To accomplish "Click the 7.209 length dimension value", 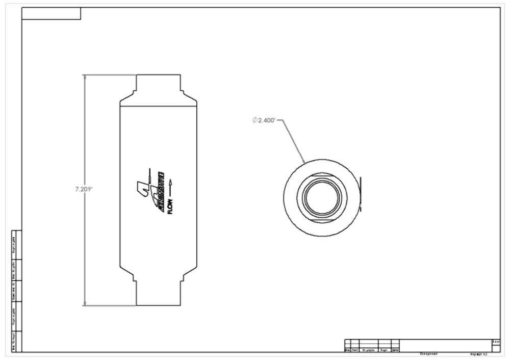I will pyautogui.click(x=83, y=189).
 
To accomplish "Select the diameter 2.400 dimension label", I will pyautogui.click(x=265, y=120).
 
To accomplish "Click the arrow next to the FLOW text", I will pyautogui.click(x=170, y=185).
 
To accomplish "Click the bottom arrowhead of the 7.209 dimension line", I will pyautogui.click(x=85, y=303).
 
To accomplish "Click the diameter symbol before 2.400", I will pyautogui.click(x=254, y=120).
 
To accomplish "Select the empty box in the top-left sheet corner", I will pyautogui.click(x=51, y=13).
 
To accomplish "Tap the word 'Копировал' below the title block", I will pyautogui.click(x=428, y=353).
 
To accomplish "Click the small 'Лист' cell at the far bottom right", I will pyautogui.click(x=496, y=342).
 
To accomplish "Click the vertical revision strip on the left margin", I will pyautogui.click(x=16, y=291).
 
